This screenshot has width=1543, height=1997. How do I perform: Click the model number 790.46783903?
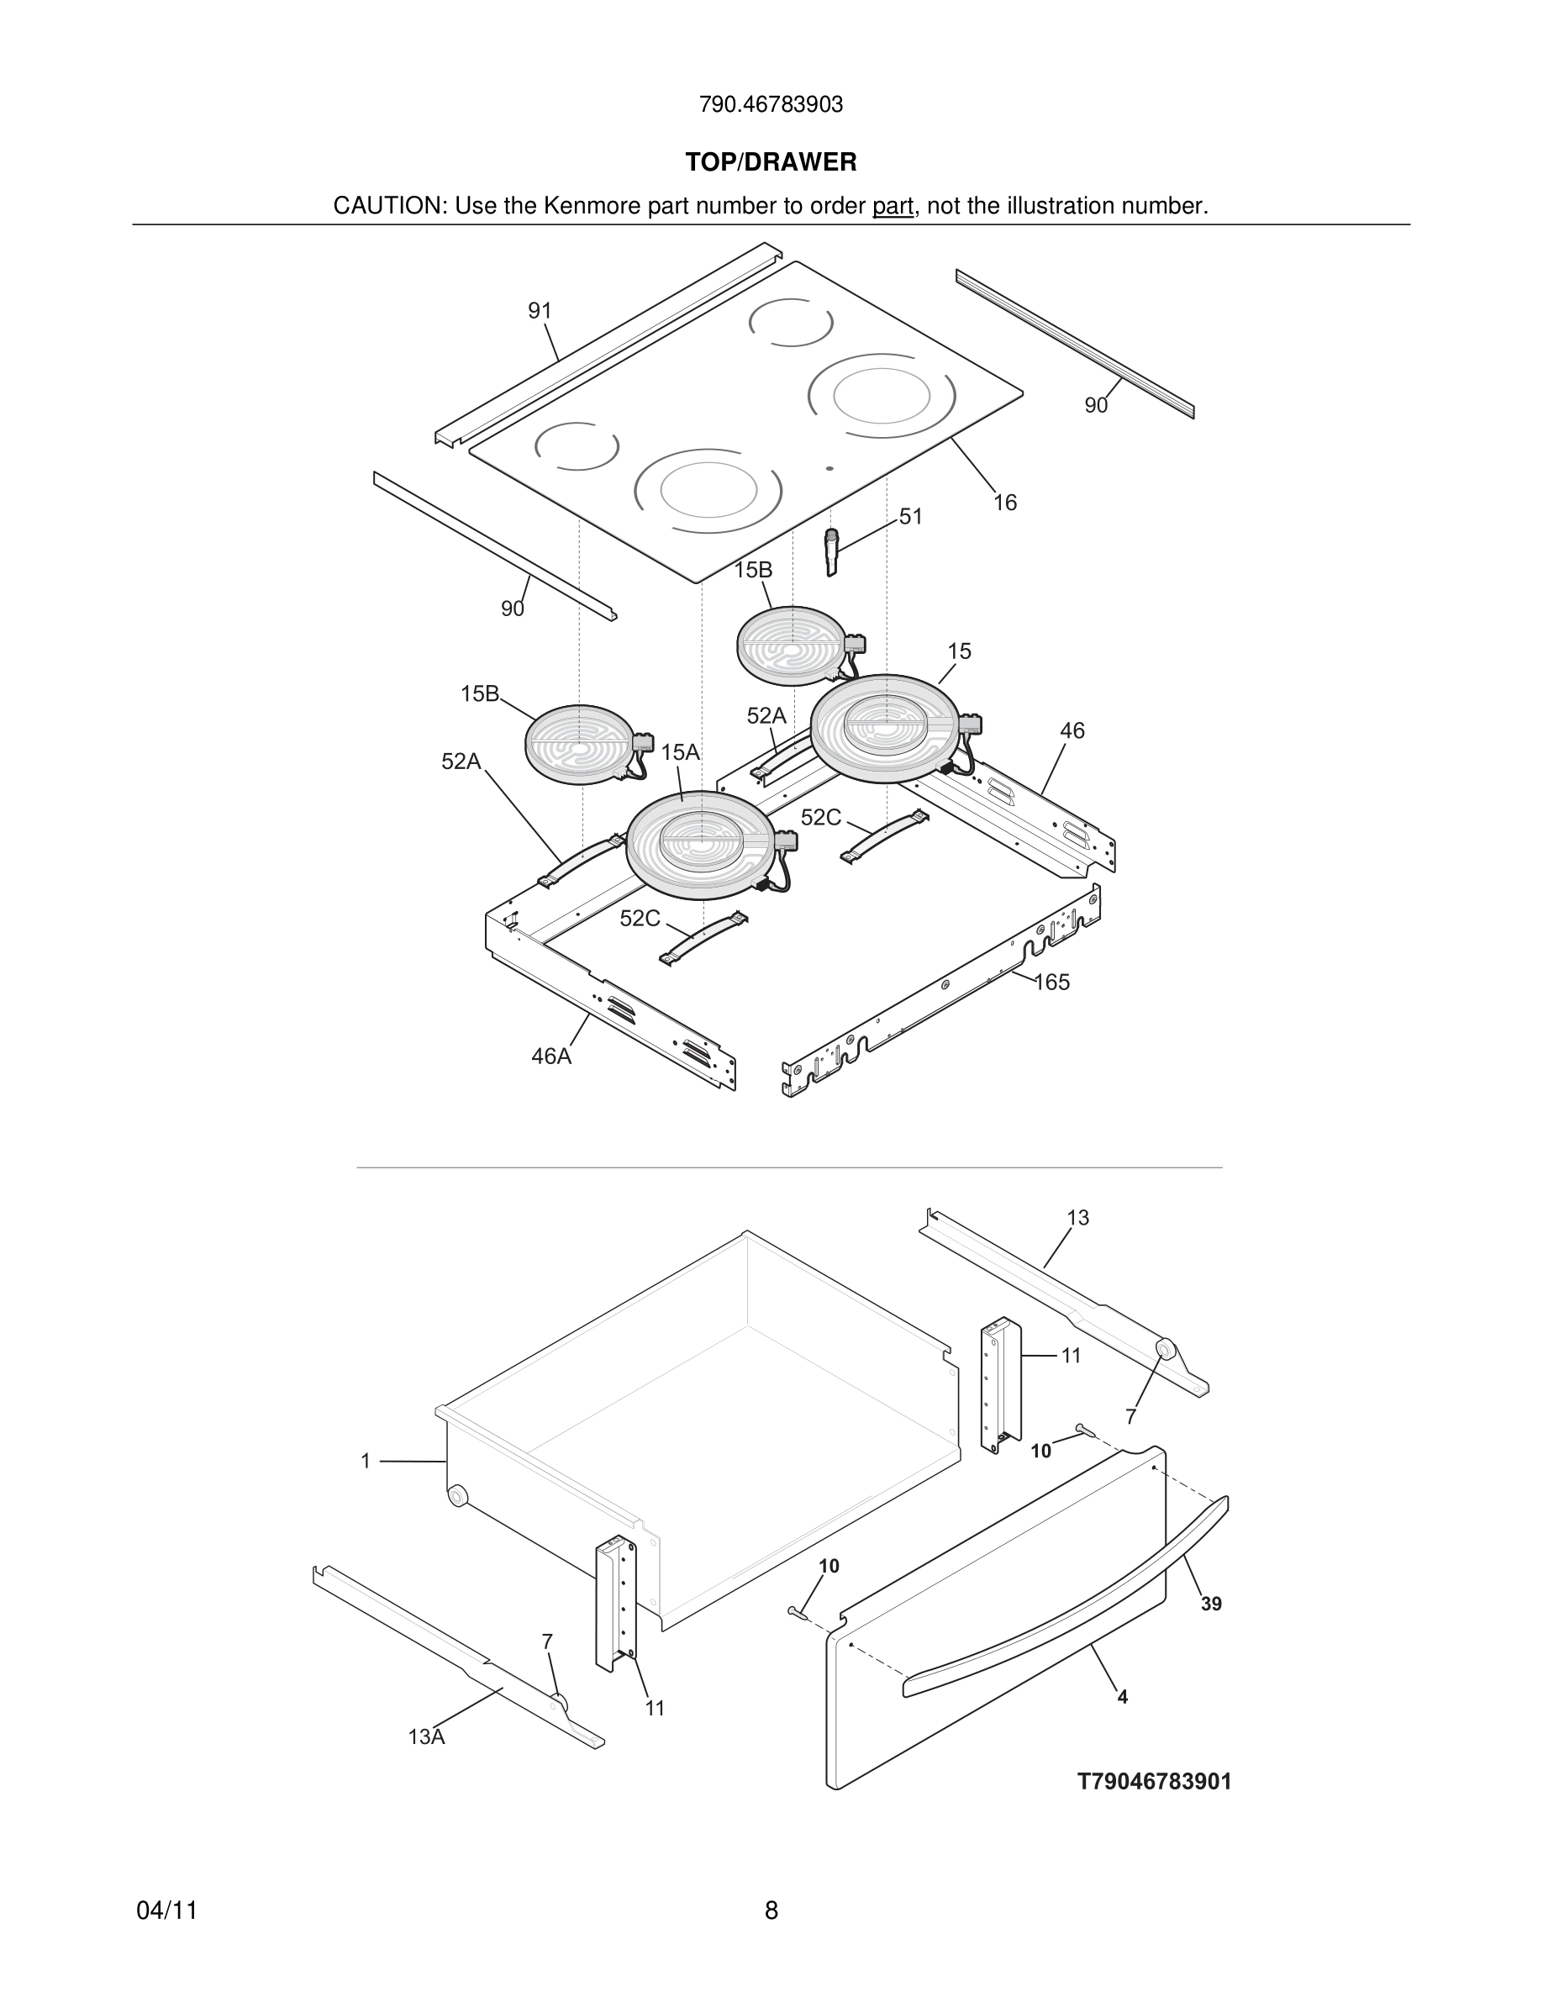point(771,105)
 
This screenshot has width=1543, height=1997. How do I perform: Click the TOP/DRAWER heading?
point(771,163)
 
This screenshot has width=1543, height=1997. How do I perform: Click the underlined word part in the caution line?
point(893,207)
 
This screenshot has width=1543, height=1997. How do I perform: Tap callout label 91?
point(540,311)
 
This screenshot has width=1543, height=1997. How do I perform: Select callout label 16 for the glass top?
point(1004,503)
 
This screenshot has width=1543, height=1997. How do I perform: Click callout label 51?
point(910,517)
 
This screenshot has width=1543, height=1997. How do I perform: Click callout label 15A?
point(680,752)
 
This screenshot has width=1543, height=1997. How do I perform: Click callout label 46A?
point(551,1057)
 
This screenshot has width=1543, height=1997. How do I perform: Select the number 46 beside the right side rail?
point(1072,730)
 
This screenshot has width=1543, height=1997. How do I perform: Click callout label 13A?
point(426,1737)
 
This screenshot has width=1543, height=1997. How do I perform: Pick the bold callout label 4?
point(1123,1697)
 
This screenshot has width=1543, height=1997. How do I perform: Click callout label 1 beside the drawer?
point(366,1461)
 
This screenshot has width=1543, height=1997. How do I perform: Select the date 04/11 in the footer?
point(166,1911)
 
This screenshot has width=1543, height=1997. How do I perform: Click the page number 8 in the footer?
point(771,1911)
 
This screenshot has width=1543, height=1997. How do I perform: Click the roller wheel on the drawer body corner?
point(457,1496)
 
